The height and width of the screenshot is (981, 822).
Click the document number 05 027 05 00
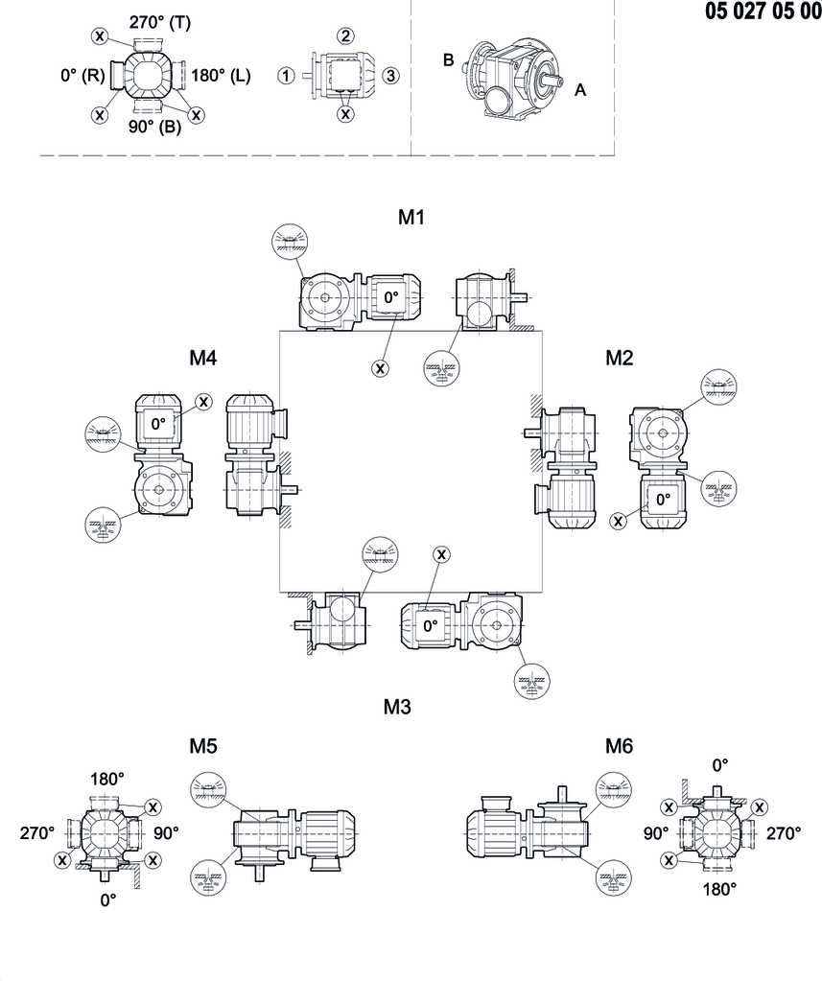point(762,12)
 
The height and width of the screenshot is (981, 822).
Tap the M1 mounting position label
point(411,218)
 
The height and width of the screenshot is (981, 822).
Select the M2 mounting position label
point(620,358)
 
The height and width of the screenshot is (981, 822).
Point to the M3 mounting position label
point(397,708)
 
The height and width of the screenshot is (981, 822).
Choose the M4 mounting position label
point(203,358)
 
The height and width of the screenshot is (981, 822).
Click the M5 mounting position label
point(203,746)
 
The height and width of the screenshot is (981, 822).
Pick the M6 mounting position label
point(620,746)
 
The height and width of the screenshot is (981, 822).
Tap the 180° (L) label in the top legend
point(221,75)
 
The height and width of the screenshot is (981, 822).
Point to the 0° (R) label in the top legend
point(81,75)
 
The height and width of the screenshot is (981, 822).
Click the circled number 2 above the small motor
point(344,35)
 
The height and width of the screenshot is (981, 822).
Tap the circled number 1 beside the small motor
point(285,76)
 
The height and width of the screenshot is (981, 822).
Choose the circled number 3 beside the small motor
point(390,76)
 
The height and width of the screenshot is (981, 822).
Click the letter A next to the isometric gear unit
point(580,90)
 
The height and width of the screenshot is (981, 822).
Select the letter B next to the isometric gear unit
point(448,59)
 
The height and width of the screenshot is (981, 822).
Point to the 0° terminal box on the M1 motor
point(390,298)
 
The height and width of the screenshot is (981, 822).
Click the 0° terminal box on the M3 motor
point(431,625)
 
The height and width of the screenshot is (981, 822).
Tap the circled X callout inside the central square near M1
point(381,366)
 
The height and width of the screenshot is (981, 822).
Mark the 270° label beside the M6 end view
point(783,833)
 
